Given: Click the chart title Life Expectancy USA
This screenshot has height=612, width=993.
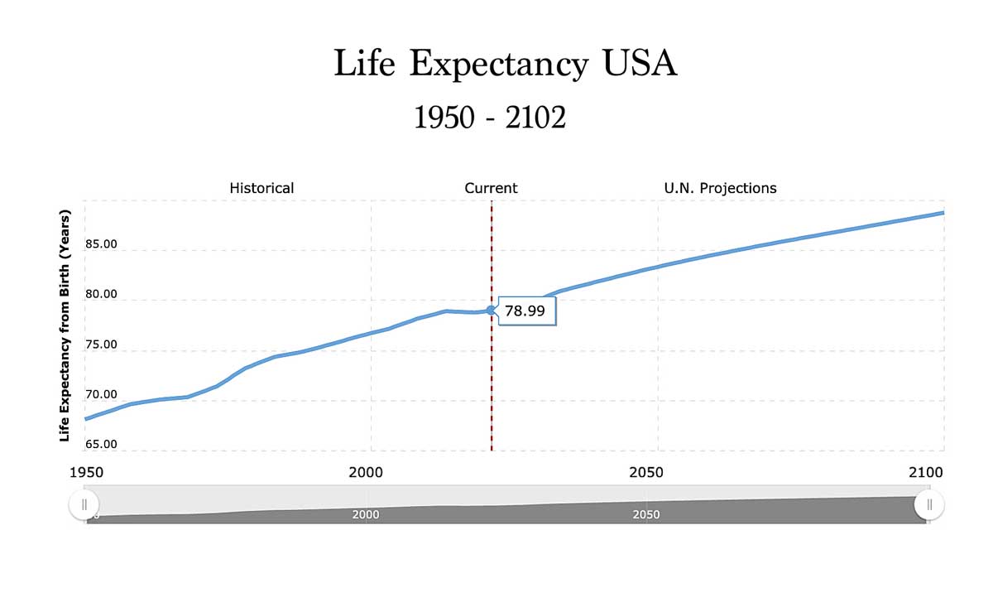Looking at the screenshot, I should point(505,65).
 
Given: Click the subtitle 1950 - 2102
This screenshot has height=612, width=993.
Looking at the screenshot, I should point(490,118).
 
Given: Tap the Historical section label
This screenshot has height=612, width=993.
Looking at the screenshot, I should point(261,188).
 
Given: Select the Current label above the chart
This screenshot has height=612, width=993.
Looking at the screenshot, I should point(491,188).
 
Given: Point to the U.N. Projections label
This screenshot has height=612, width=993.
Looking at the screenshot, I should point(720,188).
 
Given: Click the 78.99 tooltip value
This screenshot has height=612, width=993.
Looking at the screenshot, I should point(525,311).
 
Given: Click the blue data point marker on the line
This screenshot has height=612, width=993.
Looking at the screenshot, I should point(491,310).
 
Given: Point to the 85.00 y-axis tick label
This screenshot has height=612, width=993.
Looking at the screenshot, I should point(100,244).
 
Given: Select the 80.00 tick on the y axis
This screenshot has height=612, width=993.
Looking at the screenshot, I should point(100,294).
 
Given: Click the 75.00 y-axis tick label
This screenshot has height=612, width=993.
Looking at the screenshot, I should point(100,345).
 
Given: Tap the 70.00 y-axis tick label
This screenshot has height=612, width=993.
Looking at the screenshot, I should point(100,394).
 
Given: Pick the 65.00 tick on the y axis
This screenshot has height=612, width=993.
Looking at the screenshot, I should point(100,444).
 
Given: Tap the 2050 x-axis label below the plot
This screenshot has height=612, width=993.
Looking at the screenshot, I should point(646,472).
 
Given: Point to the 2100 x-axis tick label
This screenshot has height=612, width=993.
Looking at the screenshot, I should point(925,472).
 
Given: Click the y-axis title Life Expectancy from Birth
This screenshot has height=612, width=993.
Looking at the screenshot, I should point(65,325).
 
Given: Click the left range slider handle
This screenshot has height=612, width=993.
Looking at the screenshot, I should point(84,504).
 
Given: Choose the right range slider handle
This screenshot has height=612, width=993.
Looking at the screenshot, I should point(929,504).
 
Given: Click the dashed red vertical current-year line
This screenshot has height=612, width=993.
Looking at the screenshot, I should point(492,381).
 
